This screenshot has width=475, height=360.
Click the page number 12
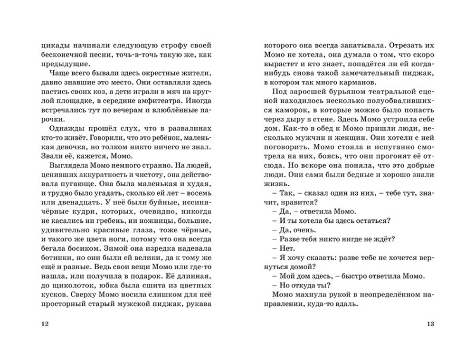(x=46, y=324)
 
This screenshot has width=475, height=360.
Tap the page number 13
(x=430, y=324)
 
